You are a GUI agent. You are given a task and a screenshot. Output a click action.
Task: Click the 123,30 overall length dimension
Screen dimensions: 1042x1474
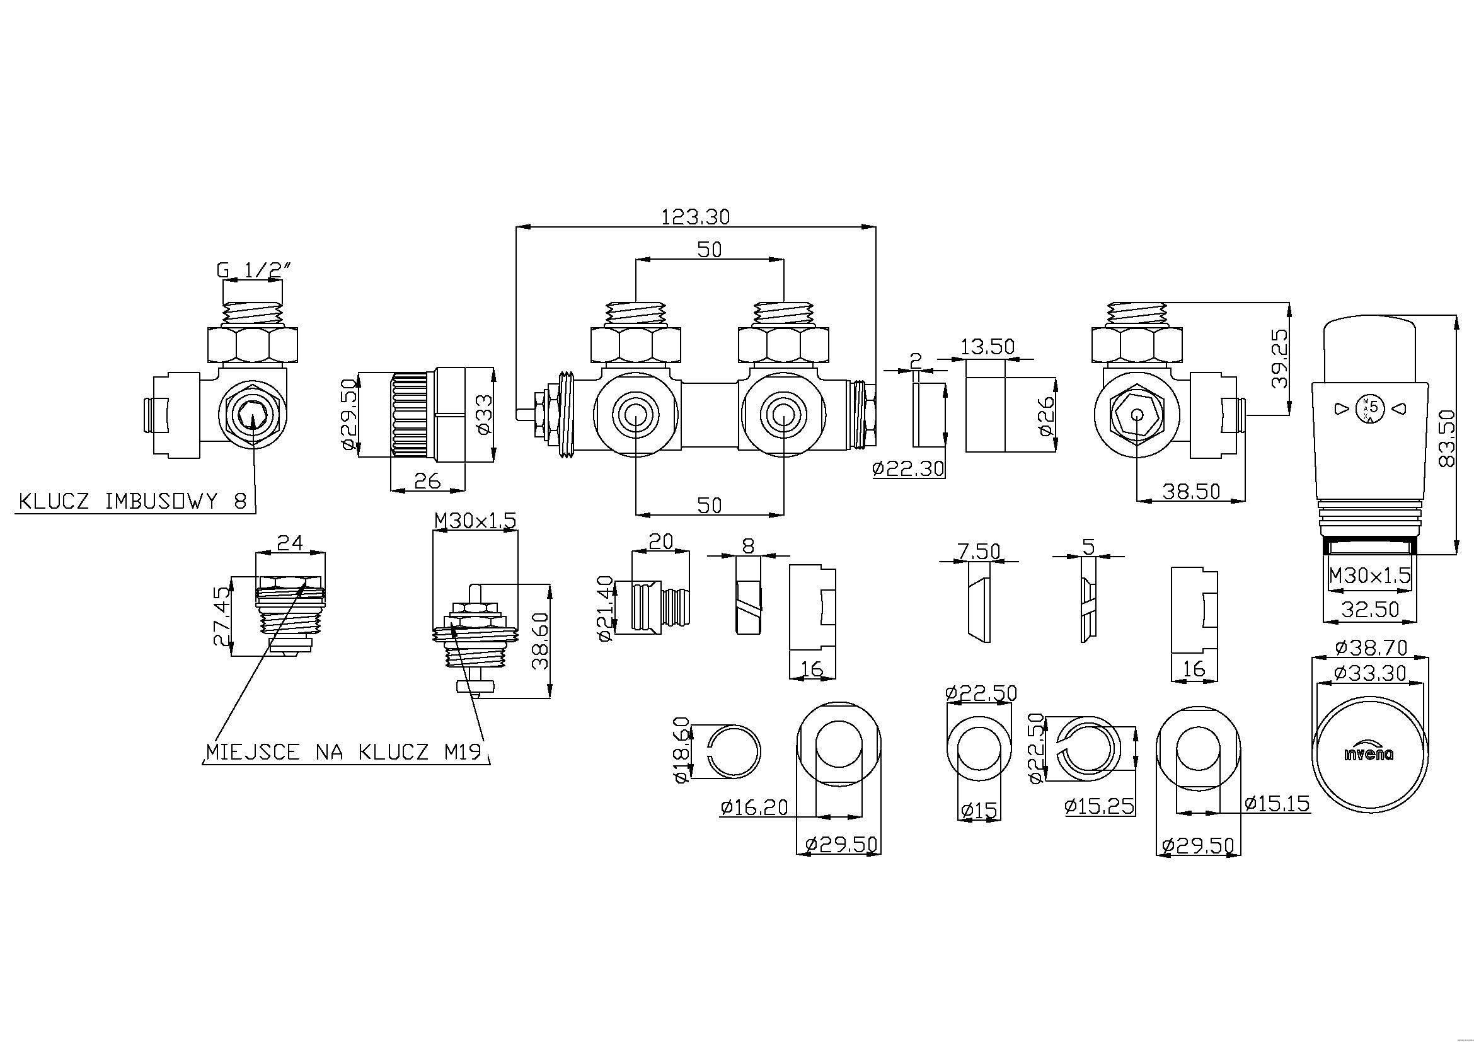(x=695, y=217)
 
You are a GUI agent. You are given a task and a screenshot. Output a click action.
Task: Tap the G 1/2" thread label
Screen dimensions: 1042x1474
(x=254, y=270)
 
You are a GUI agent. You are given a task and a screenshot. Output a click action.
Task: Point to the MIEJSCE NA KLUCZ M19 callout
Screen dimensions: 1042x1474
(x=343, y=752)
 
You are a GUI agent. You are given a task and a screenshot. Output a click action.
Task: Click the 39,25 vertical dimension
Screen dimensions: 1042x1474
(x=1279, y=358)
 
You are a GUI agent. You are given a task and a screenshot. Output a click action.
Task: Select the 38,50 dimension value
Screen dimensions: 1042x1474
(x=1191, y=492)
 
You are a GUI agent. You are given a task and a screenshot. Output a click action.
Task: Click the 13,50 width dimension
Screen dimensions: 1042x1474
(x=987, y=347)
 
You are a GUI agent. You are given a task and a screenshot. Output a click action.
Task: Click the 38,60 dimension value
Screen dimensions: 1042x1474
(x=541, y=640)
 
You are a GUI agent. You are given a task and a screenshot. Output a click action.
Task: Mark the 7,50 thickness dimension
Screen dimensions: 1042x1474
(x=979, y=551)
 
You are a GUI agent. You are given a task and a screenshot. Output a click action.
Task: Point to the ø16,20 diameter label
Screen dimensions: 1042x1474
(x=754, y=807)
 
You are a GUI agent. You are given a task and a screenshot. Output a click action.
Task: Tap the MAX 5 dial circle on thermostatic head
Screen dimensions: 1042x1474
(x=1368, y=408)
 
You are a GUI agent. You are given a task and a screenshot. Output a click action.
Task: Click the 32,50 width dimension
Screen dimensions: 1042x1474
(x=1370, y=610)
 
